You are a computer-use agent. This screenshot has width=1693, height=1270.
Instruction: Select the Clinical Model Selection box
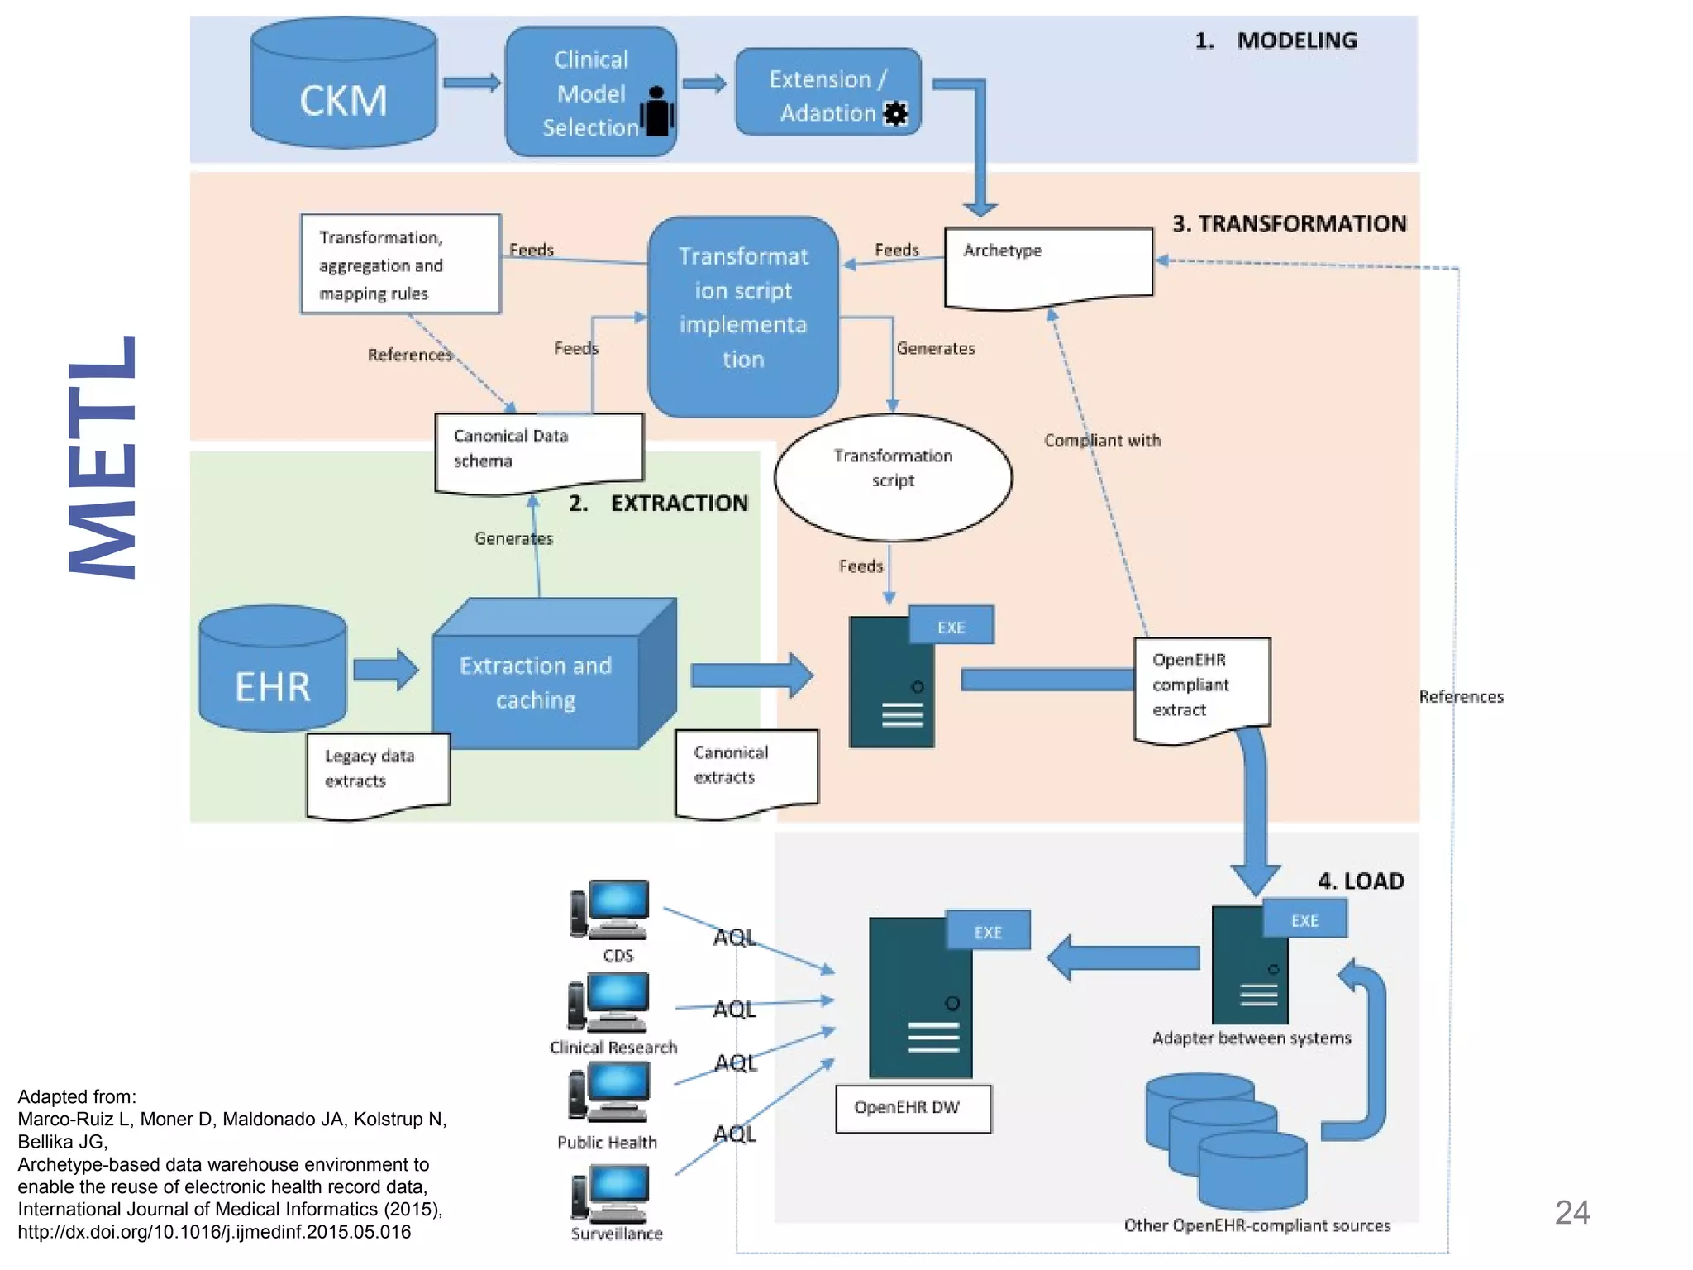click(x=590, y=92)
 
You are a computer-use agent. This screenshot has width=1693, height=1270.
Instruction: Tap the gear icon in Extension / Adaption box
click(x=895, y=114)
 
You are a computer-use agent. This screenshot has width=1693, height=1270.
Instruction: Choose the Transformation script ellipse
click(x=893, y=477)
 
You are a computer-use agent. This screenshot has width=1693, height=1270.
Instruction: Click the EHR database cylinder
click(x=272, y=670)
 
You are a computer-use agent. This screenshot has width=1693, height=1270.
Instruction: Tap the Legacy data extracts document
click(x=378, y=775)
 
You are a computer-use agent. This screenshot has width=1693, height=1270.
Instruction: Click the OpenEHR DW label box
click(x=912, y=1108)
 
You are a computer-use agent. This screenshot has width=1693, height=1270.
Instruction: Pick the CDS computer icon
click(x=611, y=910)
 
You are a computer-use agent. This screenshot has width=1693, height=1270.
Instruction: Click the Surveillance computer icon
click(x=611, y=1194)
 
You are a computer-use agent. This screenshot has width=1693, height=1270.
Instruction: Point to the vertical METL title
click(x=103, y=456)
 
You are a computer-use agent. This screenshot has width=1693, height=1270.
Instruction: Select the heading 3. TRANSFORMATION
click(x=1289, y=224)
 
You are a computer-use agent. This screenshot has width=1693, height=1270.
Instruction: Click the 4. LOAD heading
click(x=1360, y=881)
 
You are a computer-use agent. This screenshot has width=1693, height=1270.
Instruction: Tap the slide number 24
click(x=1571, y=1213)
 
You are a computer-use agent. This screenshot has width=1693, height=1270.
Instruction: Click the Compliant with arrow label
click(x=1102, y=441)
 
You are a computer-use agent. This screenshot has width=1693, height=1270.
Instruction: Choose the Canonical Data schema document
click(x=538, y=451)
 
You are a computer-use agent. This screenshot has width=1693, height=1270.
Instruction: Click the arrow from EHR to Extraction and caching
click(x=385, y=669)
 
